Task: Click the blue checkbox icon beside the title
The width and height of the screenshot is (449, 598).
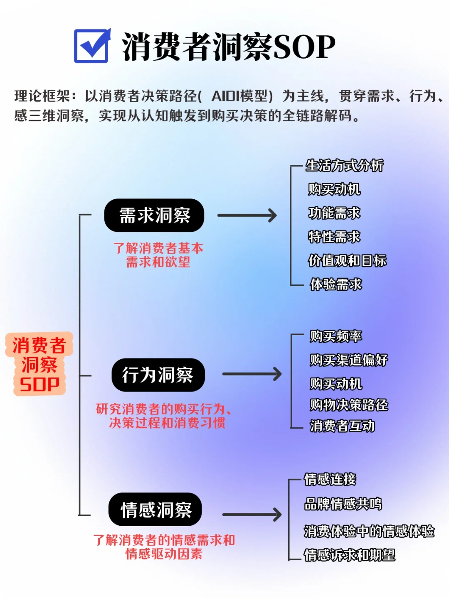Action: [x=92, y=46]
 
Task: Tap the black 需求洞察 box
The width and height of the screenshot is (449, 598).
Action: [x=154, y=216]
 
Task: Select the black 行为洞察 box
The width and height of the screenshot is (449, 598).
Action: [x=158, y=375]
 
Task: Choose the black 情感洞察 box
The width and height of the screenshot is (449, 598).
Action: [x=155, y=510]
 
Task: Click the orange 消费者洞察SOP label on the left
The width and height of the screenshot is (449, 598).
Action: [x=39, y=364]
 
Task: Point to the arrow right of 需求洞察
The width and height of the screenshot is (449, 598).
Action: [x=247, y=216]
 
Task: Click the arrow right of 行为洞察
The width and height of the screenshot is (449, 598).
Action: [x=252, y=374]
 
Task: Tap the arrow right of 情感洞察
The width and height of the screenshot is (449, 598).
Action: [x=252, y=515]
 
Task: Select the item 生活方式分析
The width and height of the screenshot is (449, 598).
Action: [x=344, y=166]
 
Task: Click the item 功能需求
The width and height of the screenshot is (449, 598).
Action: [x=334, y=213]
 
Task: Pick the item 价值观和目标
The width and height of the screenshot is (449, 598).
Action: [x=347, y=261]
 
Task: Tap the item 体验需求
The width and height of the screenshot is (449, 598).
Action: [x=336, y=284]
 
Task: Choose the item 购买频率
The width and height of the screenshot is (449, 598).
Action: [x=336, y=336]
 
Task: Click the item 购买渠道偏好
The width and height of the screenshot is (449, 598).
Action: [x=349, y=360]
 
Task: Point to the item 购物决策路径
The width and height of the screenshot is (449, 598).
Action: [x=349, y=405]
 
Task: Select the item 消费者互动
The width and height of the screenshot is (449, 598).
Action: [x=343, y=426]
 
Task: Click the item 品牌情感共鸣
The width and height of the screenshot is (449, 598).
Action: [x=343, y=504]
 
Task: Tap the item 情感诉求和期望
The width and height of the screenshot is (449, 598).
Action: [x=350, y=555]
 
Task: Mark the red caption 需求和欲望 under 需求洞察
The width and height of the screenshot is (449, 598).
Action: [x=158, y=262]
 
